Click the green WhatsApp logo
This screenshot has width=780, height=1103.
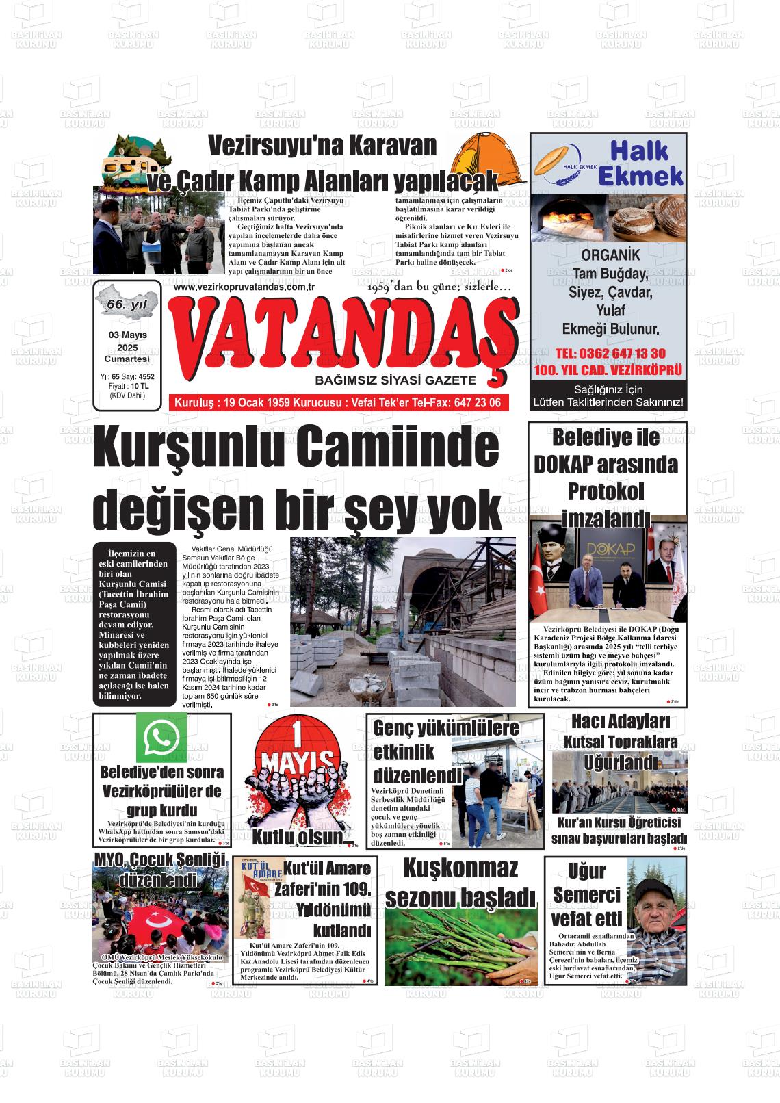click(x=161, y=737)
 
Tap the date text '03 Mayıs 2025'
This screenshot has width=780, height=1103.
click(x=127, y=341)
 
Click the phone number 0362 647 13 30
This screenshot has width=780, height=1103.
click(x=610, y=353)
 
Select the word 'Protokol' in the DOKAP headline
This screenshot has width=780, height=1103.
click(x=606, y=491)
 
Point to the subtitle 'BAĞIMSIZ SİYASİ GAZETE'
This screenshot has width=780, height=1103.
click(x=395, y=380)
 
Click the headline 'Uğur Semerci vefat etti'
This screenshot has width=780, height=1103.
click(x=586, y=894)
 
